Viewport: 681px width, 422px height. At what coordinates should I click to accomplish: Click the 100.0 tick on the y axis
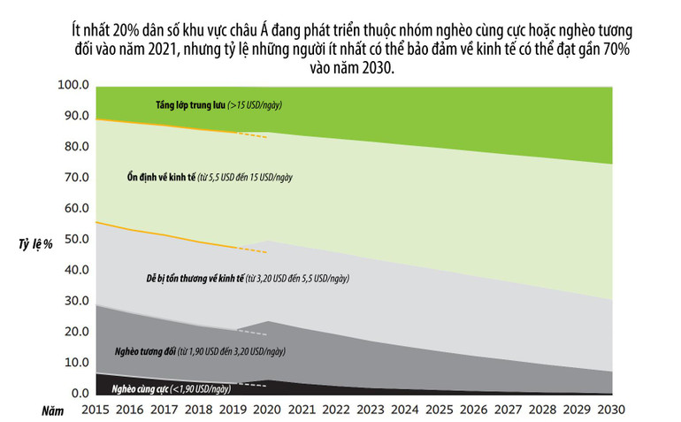click(73, 85)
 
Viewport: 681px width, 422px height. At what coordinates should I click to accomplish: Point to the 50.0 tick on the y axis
click(73, 239)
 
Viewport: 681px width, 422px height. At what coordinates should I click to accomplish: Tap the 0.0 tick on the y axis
click(78, 393)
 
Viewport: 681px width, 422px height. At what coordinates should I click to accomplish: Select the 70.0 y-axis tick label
click(73, 177)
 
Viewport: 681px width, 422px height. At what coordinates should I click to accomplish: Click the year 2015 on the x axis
click(96, 411)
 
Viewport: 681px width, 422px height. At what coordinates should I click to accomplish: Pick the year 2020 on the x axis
click(267, 411)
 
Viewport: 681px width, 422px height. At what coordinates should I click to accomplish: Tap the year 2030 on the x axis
click(611, 411)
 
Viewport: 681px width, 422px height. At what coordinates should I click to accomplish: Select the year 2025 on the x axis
click(440, 411)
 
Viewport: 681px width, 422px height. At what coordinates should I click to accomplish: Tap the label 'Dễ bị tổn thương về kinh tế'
click(195, 278)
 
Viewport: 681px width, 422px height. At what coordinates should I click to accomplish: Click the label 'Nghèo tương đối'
click(145, 351)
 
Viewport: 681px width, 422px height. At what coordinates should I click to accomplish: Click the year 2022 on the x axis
click(336, 411)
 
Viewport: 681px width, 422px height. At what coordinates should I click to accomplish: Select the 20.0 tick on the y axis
click(73, 331)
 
